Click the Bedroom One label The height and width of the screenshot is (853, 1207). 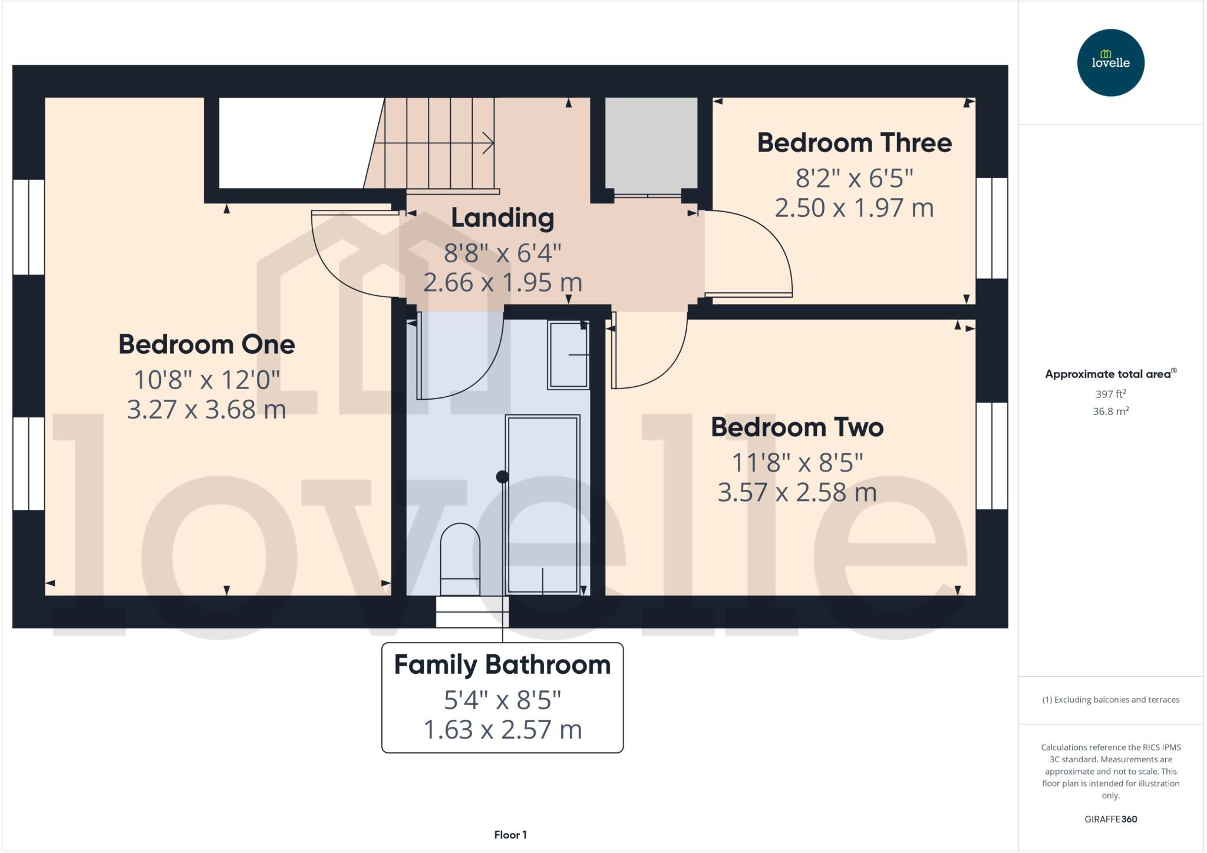point(206,344)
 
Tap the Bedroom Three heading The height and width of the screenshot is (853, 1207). point(854,143)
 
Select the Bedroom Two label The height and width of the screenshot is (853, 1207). point(797,427)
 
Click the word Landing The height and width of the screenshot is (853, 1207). point(502,218)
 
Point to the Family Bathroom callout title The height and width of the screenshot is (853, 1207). point(502,665)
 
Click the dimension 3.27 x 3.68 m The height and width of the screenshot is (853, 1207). point(206,410)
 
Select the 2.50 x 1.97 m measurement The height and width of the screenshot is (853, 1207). point(854,208)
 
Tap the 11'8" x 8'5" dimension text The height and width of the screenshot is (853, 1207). point(797,463)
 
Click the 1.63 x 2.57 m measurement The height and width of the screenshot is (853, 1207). point(502,730)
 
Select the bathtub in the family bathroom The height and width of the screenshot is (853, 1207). point(542,504)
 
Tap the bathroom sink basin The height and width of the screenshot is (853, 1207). point(568,355)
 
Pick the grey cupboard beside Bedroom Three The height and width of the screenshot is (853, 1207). point(651,143)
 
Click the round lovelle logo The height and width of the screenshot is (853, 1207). point(1110,62)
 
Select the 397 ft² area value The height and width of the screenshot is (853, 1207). point(1110,394)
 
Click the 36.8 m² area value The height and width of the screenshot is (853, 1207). point(1110,411)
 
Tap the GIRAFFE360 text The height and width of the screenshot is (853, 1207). point(1110,819)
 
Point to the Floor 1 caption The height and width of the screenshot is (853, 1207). point(510,835)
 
